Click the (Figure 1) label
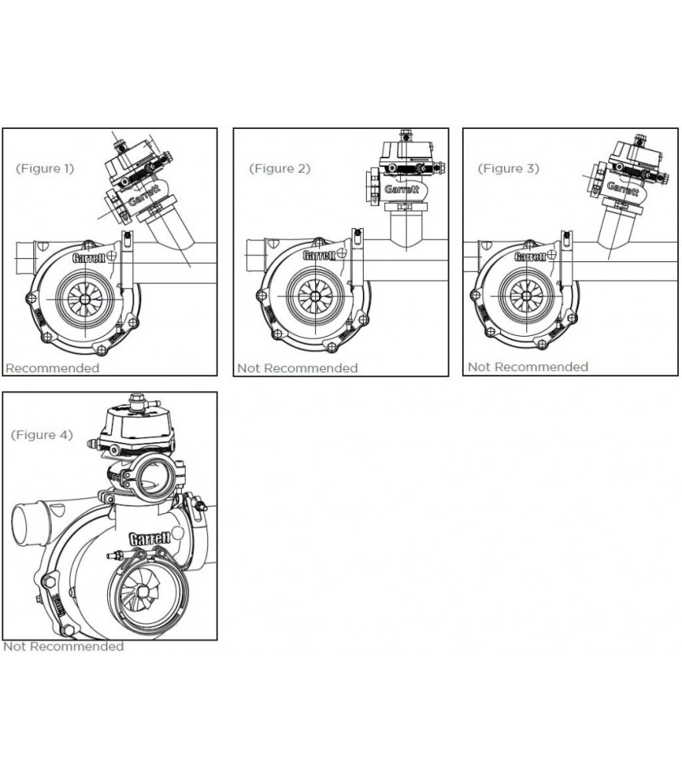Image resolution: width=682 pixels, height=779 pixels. tap(45, 169)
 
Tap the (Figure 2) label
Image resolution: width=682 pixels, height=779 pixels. tap(279, 169)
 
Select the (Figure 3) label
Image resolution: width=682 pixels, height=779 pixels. tap(507, 169)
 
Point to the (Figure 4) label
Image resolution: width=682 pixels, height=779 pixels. tap(41, 435)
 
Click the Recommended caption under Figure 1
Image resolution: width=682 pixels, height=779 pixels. tap(52, 368)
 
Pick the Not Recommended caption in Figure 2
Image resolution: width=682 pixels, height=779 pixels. tap(297, 368)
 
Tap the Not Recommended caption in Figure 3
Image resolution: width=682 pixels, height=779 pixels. tap(528, 367)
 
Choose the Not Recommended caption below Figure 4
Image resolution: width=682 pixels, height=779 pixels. tap(63, 647)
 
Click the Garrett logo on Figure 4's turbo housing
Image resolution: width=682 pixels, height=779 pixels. tap(149, 539)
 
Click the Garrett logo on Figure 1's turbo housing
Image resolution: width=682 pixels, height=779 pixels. tap(88, 259)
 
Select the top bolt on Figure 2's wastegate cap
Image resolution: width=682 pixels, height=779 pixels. tap(404, 135)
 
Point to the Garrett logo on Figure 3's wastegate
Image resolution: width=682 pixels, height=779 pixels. tap(623, 188)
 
